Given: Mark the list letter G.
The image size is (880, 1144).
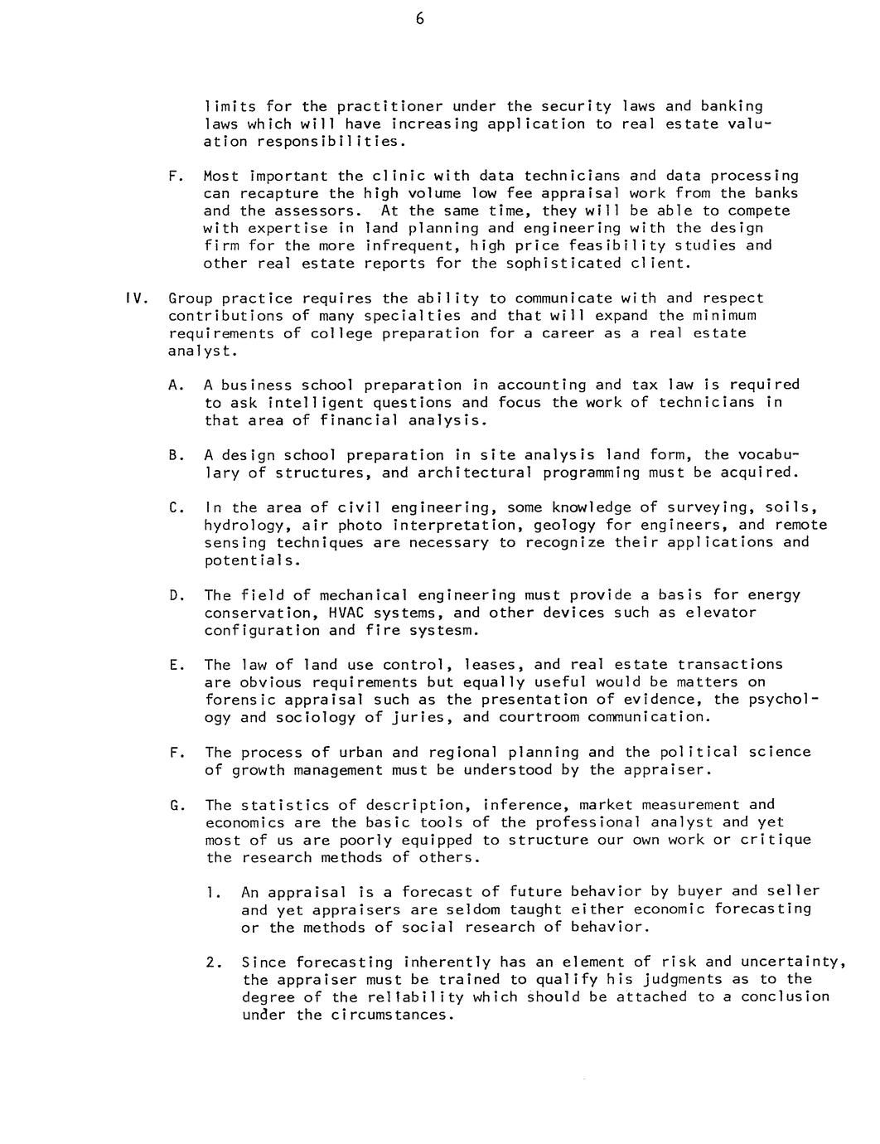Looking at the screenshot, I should pos(174,805).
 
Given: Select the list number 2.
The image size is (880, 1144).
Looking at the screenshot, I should pos(212,962).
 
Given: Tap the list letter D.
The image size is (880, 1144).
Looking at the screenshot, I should pos(174,595).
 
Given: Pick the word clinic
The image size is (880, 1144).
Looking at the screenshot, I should pos(375,176).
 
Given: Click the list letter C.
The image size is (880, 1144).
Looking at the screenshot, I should pos(174,507).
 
